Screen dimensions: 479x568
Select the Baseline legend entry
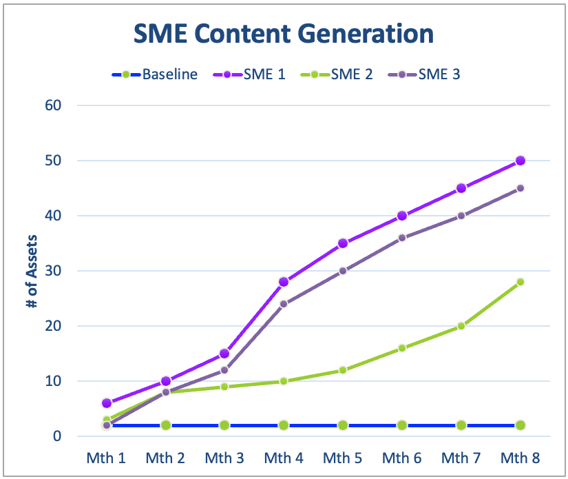click(x=169, y=74)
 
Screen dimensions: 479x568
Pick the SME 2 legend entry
click(x=352, y=74)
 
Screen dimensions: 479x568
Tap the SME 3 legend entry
click(x=439, y=74)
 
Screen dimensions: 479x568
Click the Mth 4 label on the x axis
click(x=283, y=457)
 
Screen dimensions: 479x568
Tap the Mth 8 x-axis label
click(x=520, y=457)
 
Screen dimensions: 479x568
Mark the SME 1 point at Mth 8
click(x=520, y=161)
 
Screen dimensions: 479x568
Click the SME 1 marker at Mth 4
click(x=284, y=282)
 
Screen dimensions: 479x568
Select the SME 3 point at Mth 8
click(x=520, y=188)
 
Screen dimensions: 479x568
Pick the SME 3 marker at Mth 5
click(x=343, y=271)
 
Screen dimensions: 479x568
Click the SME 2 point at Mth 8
click(x=520, y=282)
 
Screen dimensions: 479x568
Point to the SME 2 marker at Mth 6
click(x=402, y=348)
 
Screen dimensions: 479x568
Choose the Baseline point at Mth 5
click(x=343, y=425)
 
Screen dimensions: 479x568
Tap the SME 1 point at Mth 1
click(x=106, y=403)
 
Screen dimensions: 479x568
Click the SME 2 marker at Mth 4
click(x=284, y=381)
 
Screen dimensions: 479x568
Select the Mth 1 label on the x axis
click(x=105, y=457)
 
